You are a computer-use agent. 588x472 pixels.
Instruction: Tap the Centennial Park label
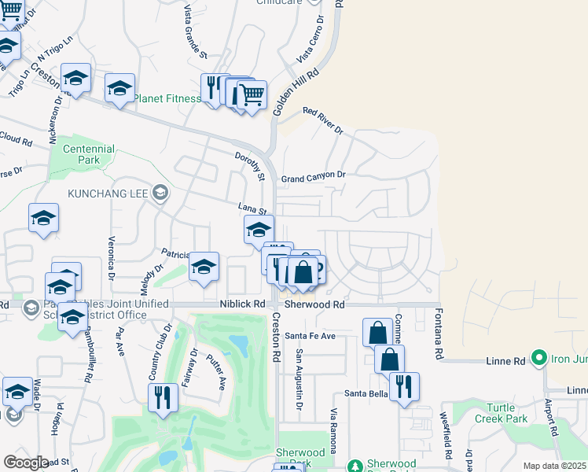click(x=89, y=154)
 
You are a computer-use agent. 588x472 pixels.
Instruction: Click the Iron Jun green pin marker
click(x=538, y=358)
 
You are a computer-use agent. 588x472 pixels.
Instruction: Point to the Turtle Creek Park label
click(x=501, y=413)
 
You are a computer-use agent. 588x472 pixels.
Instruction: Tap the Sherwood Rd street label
click(x=314, y=304)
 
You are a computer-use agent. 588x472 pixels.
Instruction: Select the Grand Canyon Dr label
click(x=313, y=176)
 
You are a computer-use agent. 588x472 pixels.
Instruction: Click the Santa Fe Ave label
click(x=310, y=336)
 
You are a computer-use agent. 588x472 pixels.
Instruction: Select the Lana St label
click(x=254, y=208)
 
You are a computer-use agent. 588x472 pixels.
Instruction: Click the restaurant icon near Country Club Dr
click(x=163, y=396)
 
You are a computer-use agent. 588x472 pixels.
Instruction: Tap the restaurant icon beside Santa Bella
click(x=404, y=386)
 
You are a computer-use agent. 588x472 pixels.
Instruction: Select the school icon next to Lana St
click(x=258, y=230)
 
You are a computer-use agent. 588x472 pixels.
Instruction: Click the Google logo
click(x=26, y=462)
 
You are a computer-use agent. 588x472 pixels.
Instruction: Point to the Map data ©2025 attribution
click(x=554, y=466)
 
